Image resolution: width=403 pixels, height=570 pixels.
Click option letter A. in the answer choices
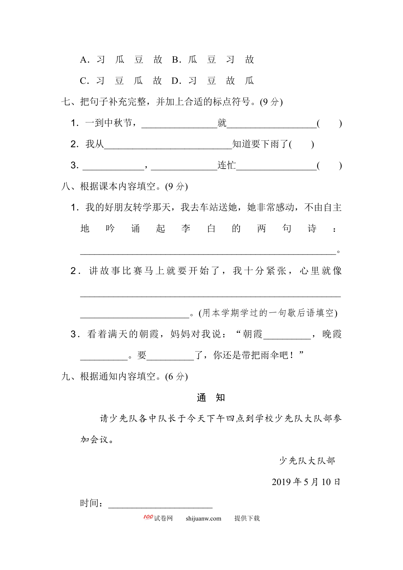coord(84,60)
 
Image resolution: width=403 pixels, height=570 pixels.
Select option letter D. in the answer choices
coord(176,81)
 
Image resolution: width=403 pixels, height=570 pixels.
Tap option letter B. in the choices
coord(176,60)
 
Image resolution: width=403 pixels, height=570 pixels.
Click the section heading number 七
coord(66,102)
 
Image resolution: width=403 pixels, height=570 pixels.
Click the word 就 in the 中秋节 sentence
coord(222,123)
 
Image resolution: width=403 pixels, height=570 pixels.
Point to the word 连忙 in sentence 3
coord(226,165)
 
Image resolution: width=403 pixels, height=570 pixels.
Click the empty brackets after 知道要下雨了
coord(301,144)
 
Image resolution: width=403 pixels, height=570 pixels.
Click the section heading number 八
coord(66,186)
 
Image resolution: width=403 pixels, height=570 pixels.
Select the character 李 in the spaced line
coord(186,228)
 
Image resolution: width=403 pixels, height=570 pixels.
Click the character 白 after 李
coord(211,228)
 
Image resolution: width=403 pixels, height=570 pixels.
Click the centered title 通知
coord(211,397)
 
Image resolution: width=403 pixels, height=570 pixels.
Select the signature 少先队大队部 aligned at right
coord(307,461)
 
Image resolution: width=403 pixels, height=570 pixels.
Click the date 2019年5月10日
coord(306,482)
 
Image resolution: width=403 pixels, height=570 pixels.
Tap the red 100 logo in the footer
coord(148,517)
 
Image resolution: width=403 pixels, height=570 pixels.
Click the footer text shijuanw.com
coord(203,518)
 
